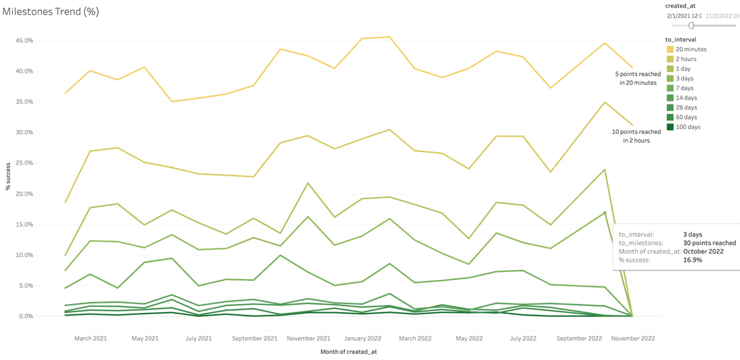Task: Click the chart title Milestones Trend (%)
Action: click(50, 11)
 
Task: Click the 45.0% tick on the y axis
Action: click(24, 40)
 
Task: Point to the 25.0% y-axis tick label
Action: click(24, 164)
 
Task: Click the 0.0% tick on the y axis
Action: click(25, 316)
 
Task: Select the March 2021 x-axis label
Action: click(90, 338)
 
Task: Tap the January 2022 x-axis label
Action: click(363, 338)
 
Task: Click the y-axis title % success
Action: click(9, 176)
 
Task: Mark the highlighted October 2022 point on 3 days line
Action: click(605, 213)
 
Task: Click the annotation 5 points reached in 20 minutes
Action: click(638, 78)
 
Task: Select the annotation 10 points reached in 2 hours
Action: click(636, 136)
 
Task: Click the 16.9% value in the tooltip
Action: click(693, 260)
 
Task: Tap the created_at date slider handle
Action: click(691, 26)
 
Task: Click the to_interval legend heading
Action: click(681, 40)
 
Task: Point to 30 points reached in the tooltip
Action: click(708, 243)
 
